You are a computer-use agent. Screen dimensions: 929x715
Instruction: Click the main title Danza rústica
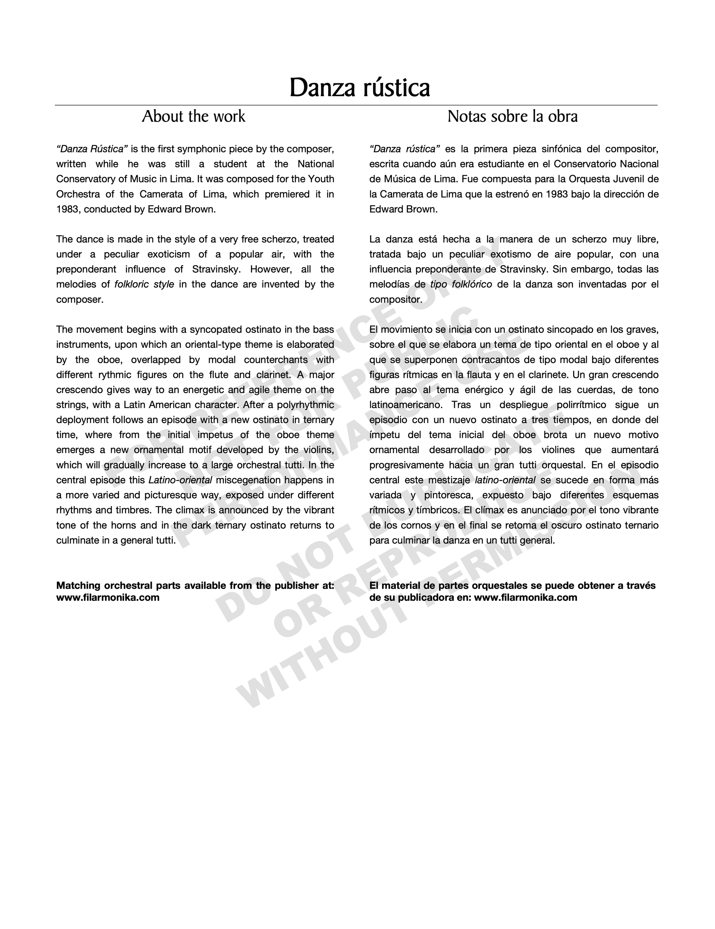point(360,88)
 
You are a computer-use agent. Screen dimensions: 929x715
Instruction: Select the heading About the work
point(194,116)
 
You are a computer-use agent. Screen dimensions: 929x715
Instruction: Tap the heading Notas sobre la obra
point(513,116)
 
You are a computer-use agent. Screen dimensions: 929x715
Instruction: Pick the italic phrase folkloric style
point(144,284)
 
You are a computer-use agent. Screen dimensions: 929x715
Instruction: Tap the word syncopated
point(215,330)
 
